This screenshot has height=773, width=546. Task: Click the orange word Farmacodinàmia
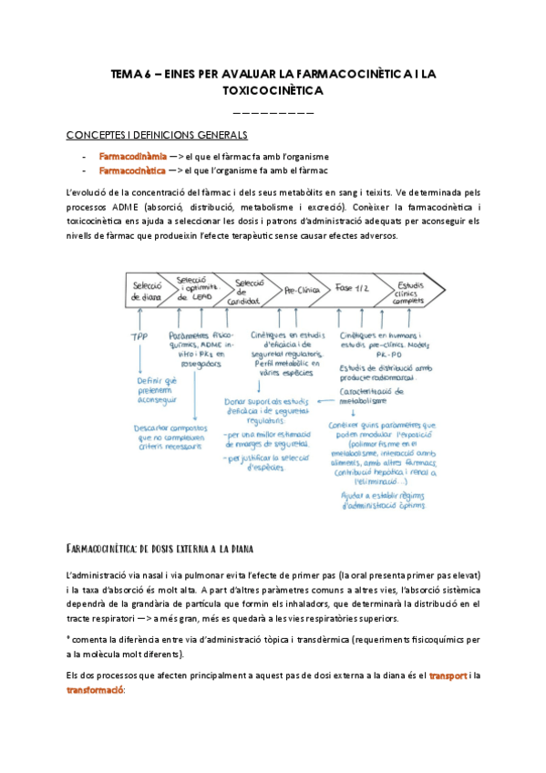coord(127,156)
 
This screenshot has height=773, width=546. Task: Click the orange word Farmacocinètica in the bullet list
coord(127,170)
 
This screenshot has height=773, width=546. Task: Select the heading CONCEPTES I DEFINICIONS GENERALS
coord(157,135)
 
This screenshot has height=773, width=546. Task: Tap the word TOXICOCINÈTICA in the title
coord(273,91)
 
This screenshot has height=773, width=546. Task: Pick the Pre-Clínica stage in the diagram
coord(303,291)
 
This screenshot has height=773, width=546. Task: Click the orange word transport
coord(447,675)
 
